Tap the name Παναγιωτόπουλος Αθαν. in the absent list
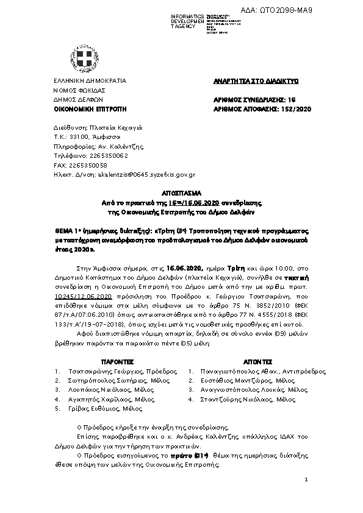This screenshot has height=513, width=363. point(238,371)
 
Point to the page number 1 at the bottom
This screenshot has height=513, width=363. point(306,481)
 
